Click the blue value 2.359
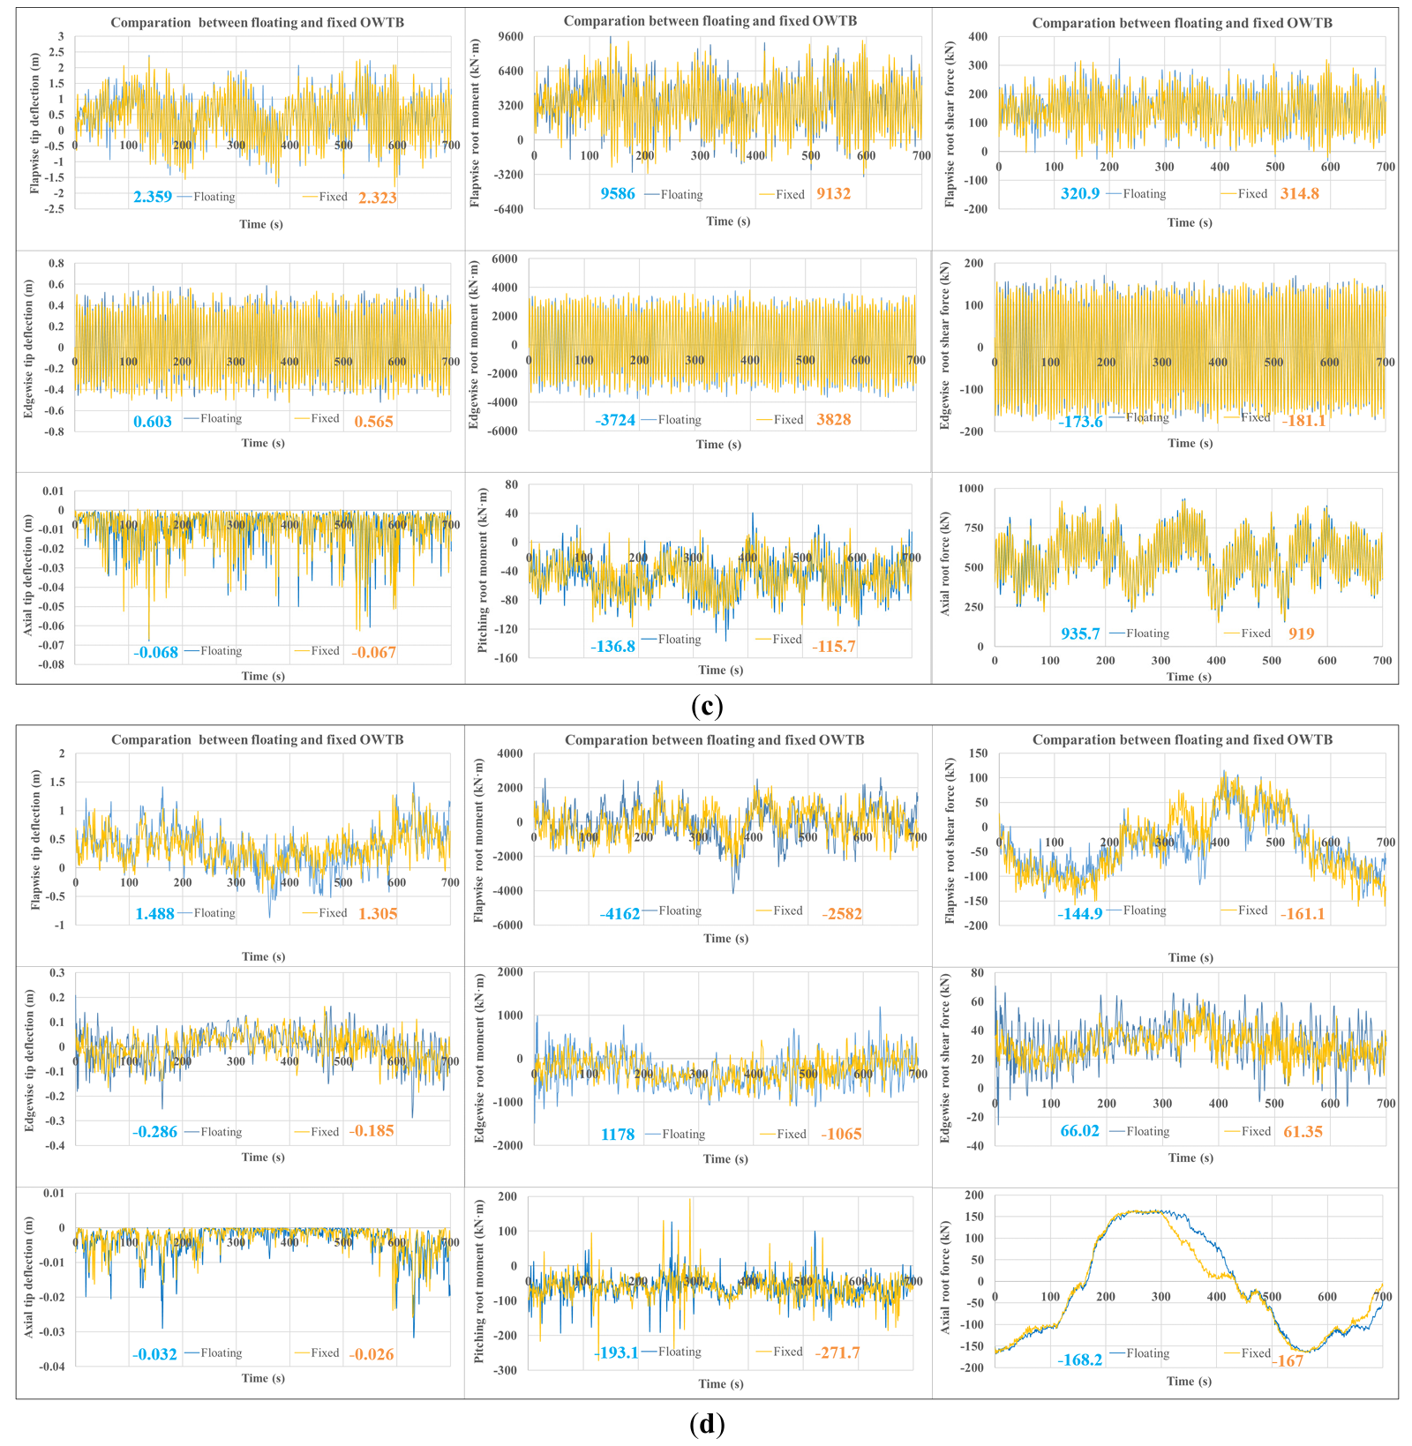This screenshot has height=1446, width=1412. click(153, 198)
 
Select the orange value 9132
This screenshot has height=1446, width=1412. click(833, 194)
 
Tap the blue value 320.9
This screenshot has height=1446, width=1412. click(1080, 194)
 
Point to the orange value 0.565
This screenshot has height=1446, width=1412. click(373, 422)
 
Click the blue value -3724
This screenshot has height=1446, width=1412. click(615, 421)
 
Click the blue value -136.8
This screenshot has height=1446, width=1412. click(612, 647)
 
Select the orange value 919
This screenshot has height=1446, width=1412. click(1301, 633)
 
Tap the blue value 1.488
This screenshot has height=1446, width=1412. click(154, 914)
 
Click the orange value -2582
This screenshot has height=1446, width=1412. click(842, 914)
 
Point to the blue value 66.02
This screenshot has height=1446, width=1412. click(1080, 1131)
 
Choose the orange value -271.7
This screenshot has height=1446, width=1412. click(837, 1352)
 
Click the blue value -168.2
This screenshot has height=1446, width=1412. click(1080, 1360)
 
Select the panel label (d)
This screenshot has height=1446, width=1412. click(707, 1424)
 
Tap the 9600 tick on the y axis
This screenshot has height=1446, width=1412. click(509, 37)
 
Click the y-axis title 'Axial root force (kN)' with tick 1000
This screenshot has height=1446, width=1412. click(945, 565)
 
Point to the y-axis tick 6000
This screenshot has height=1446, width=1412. click(505, 259)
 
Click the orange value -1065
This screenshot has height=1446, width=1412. click(841, 1135)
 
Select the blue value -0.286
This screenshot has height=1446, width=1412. click(154, 1132)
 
